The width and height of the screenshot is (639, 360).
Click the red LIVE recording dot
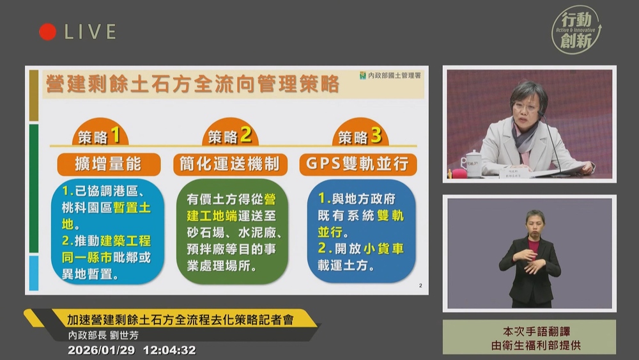(47, 32)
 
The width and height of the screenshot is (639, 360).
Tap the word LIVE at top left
(89, 32)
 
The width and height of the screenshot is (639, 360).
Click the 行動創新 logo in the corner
(576, 30)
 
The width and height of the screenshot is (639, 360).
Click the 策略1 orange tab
(99, 136)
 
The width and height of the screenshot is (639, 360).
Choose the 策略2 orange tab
(229, 136)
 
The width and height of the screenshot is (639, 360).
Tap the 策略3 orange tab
(360, 136)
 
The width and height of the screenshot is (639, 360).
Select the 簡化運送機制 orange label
(230, 164)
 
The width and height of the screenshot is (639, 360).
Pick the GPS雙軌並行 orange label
(358, 164)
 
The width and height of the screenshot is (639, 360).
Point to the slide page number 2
(420, 286)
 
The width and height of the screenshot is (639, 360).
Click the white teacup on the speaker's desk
(472, 162)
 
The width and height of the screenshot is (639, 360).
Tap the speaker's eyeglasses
(525, 107)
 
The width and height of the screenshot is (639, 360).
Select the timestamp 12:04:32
(169, 350)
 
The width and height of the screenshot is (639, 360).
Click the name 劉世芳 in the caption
(124, 335)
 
